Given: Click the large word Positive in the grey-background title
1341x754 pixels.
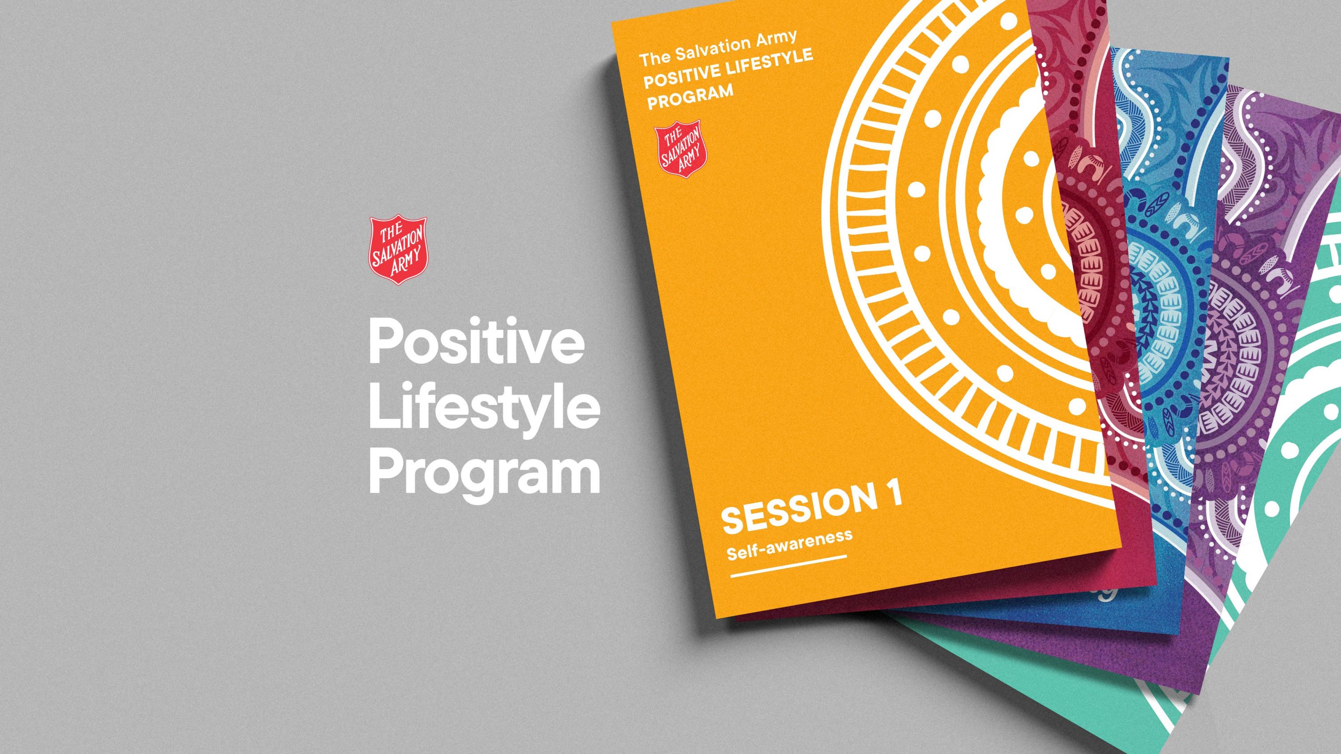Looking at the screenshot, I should pos(475,345).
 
